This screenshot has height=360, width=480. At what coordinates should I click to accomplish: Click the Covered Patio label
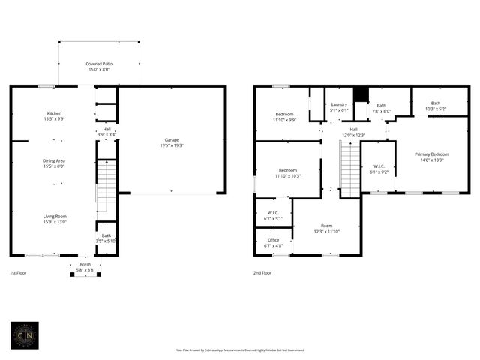click(98, 64)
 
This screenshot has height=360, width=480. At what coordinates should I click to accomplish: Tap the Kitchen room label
click(54, 113)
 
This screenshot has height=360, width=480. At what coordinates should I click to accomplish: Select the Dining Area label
click(54, 160)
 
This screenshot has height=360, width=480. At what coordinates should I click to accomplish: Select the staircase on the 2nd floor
click(349, 169)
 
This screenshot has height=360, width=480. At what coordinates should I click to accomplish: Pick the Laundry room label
click(339, 104)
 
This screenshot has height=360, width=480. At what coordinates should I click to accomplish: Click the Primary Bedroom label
click(432, 154)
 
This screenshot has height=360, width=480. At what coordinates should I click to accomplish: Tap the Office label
click(273, 240)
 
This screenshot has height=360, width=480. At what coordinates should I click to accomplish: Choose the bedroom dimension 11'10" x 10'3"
click(289, 175)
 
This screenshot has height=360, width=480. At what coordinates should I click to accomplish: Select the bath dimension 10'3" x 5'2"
click(435, 109)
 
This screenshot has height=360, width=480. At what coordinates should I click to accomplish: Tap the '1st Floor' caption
click(18, 273)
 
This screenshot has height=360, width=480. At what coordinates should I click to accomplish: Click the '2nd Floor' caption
click(262, 273)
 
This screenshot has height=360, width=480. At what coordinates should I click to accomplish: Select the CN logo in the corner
click(24, 335)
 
